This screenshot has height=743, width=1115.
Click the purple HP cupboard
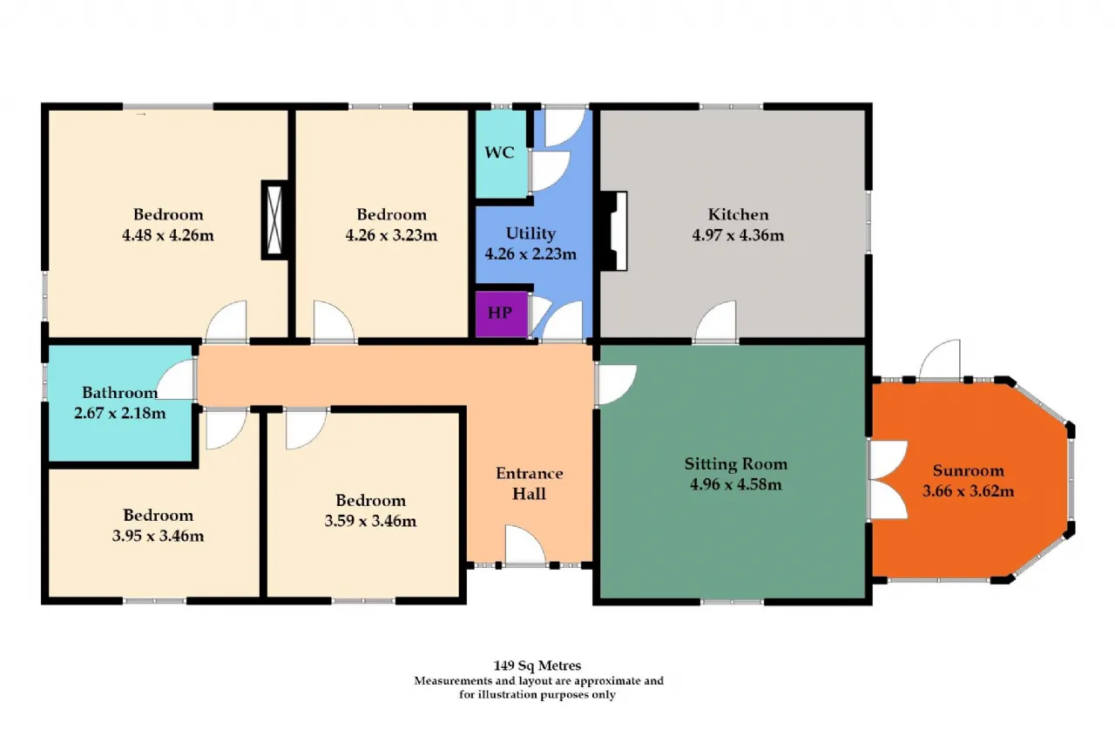tap(501, 314)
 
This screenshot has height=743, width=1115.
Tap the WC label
tap(499, 152)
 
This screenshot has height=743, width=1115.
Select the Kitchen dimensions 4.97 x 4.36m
tap(738, 235)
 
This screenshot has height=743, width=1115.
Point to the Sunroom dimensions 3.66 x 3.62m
tap(968, 491)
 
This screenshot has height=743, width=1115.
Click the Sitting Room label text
tap(736, 463)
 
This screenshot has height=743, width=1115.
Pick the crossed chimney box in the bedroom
tap(274, 220)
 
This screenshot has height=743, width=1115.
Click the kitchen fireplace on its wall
tap(614, 231)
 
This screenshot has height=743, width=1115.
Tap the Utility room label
tap(530, 233)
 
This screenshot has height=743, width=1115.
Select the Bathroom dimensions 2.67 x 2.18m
tap(120, 413)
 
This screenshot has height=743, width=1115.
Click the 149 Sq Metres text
tap(537, 665)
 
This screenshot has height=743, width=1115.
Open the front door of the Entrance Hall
tap(525, 544)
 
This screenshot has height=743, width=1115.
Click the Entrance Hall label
tap(529, 483)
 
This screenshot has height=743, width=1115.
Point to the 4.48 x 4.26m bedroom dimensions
tap(168, 235)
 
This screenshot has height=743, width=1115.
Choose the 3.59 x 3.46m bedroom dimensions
tap(370, 521)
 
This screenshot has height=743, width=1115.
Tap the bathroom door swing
tap(176, 379)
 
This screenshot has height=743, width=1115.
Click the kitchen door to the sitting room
tap(716, 321)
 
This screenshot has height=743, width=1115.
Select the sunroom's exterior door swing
tap(940, 359)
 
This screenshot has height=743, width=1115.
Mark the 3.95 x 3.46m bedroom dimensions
tap(159, 536)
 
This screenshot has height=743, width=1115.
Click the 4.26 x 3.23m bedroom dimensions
tap(391, 235)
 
